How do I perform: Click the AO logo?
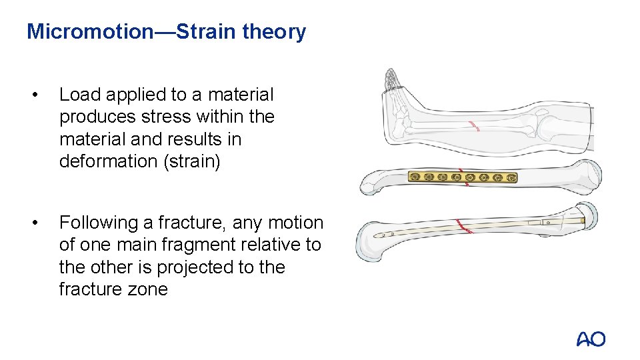[x=591, y=339]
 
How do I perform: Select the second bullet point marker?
[x=42, y=223]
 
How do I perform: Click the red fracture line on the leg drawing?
[x=474, y=125]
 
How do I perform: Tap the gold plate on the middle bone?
[x=463, y=177]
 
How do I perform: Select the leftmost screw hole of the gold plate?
[x=415, y=177]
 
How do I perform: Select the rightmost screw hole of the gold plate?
[x=511, y=177]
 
